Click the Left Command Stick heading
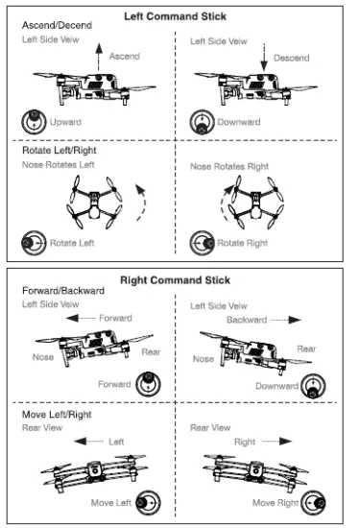(180, 16)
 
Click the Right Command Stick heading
(180, 280)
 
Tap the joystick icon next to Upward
(32, 122)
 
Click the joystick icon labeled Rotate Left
(34, 242)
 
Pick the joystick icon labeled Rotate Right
(202, 242)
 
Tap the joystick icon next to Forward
(147, 384)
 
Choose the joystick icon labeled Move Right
(314, 502)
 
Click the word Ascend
(124, 57)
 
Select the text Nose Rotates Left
(60, 166)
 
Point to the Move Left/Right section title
(56, 414)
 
